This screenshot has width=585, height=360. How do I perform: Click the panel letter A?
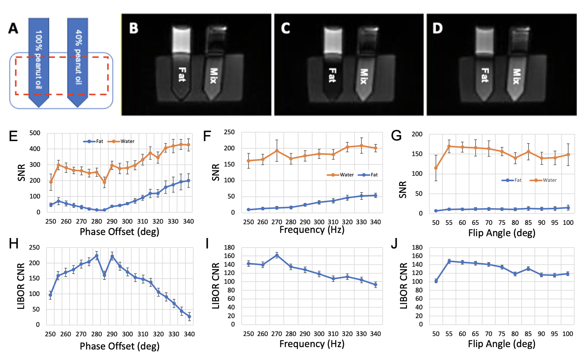pos(13,28)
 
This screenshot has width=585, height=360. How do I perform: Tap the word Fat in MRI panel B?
pos(182,75)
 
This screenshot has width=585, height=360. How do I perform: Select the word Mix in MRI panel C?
pos(363,76)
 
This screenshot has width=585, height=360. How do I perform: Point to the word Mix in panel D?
pos(516,76)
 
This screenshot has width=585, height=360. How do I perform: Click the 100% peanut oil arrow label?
pos(39,59)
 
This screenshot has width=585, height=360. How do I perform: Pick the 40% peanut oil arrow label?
pos(78,57)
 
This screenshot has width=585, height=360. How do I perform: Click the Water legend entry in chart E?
pos(124,141)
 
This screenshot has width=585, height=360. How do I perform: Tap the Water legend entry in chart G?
pos(546,180)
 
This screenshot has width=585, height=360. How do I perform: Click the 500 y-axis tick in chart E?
pos(35,133)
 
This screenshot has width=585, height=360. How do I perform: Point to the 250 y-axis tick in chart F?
pos(229,132)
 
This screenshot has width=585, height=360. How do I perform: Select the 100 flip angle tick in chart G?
pos(568,223)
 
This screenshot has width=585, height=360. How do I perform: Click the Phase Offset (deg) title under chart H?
pos(119,346)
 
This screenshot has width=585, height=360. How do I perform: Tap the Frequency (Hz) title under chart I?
pos(312,344)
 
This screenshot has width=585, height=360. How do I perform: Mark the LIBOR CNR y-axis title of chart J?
pos(403,286)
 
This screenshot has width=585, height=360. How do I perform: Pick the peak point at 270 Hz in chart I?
pos(277,255)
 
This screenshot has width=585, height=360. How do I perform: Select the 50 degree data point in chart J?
pos(436,281)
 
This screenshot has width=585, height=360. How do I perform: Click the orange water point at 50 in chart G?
pos(436,168)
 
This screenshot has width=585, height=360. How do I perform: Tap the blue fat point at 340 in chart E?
pos(188,181)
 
